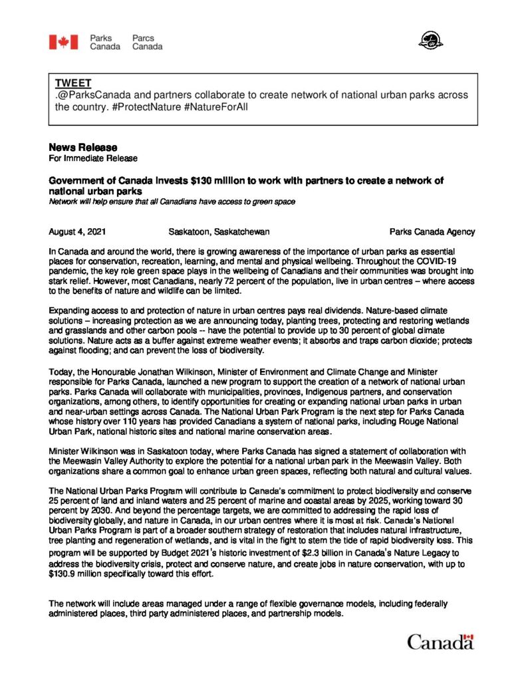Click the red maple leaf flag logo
pyautogui.click(x=63, y=42)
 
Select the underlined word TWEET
pyautogui.click(x=72, y=83)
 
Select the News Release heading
pyautogui.click(x=82, y=147)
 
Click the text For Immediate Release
pyautogui.click(x=93, y=158)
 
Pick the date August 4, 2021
pyautogui.click(x=76, y=232)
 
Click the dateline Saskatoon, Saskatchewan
pyautogui.click(x=219, y=232)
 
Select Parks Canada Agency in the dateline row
pyautogui.click(x=432, y=232)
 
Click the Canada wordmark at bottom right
pyautogui.click(x=440, y=642)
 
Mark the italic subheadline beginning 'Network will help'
pyautogui.click(x=172, y=201)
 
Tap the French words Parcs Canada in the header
pyautogui.click(x=147, y=43)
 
